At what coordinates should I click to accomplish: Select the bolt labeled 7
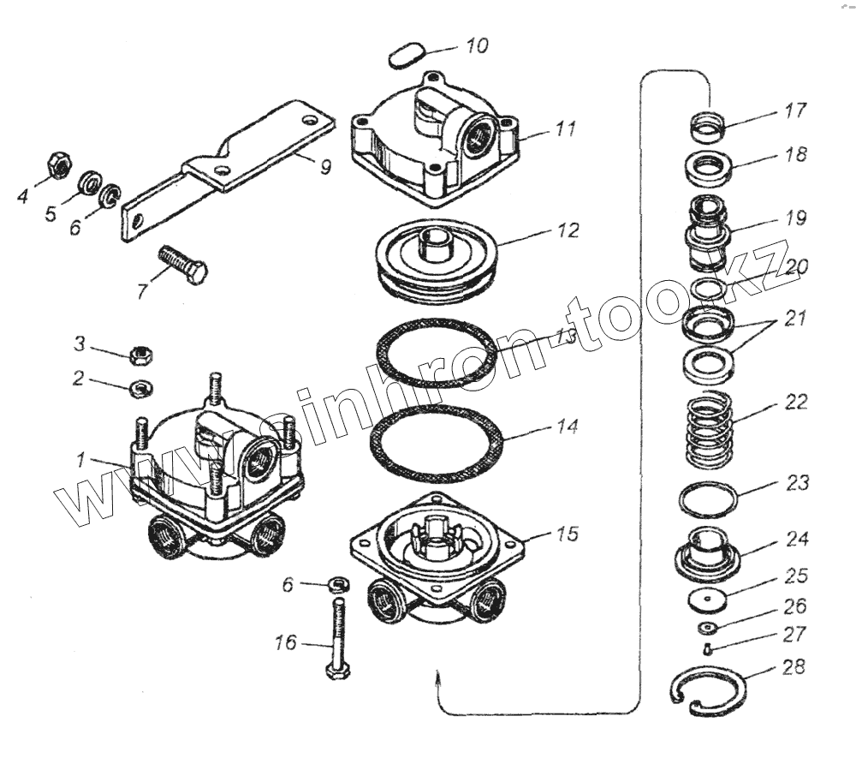[182, 264]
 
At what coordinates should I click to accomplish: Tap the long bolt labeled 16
[336, 638]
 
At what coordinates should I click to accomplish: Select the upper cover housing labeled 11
[435, 139]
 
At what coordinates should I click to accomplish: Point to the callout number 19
[796, 218]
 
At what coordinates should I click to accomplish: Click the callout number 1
[80, 461]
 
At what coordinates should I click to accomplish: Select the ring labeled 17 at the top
[709, 126]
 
